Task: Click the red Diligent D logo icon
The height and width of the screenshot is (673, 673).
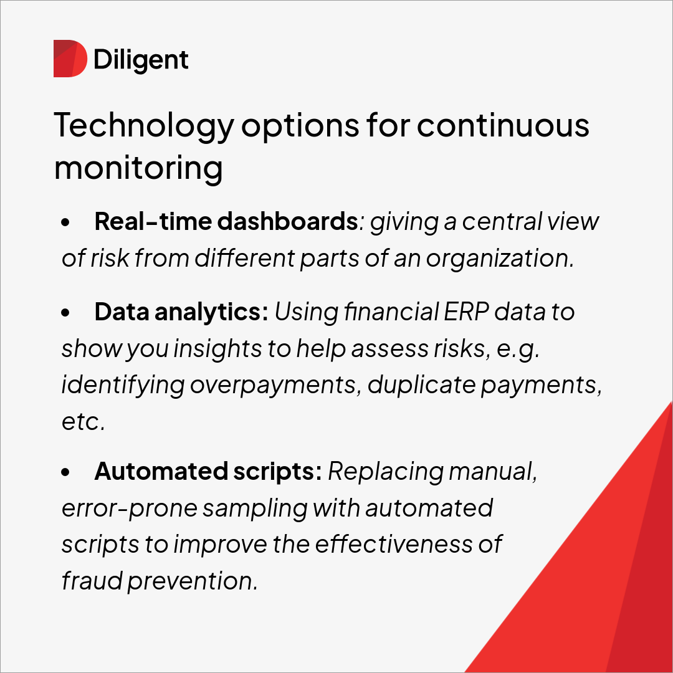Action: (70, 59)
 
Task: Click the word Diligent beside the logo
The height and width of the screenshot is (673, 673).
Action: (141, 60)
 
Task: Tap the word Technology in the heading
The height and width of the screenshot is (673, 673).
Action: (144, 126)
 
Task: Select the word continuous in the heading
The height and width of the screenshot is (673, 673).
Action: (503, 125)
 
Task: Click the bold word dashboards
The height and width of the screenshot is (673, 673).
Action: (287, 221)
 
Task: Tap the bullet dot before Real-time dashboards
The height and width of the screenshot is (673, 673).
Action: (65, 222)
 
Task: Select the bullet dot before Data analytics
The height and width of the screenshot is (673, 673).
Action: (65, 312)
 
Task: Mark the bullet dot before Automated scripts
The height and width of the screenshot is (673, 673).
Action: (65, 472)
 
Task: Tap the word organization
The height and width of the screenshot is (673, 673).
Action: (500, 259)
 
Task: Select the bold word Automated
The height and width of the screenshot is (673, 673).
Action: (161, 472)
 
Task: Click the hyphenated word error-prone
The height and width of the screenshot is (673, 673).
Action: (129, 508)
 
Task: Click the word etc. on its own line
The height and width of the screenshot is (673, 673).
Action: (84, 421)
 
